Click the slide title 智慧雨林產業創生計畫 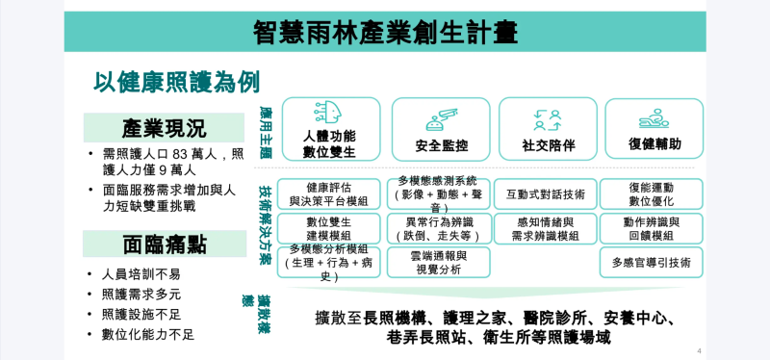point(384,32)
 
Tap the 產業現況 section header point(164,128)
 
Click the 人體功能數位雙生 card point(330,130)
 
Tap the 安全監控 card point(441,130)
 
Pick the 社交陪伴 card point(548,130)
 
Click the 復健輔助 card point(654,130)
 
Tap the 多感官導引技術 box point(652,263)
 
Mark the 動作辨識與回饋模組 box point(652,228)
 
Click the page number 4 point(699,350)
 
